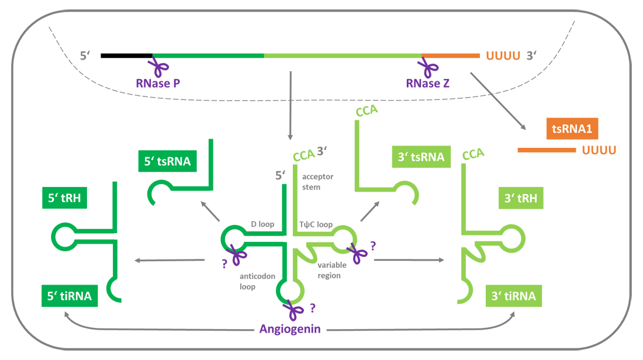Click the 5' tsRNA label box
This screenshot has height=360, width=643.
point(167,161)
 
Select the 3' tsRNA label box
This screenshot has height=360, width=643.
point(420,157)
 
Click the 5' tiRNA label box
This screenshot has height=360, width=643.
point(68,296)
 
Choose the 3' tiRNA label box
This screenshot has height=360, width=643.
point(514,296)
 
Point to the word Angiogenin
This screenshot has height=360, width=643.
point(291,329)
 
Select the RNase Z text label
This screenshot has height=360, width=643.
point(428,83)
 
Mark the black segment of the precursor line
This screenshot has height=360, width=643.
point(126,56)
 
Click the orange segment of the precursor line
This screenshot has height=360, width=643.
point(450,56)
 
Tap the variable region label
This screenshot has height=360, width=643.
point(332,270)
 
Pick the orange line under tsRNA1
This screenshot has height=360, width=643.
point(547,150)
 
